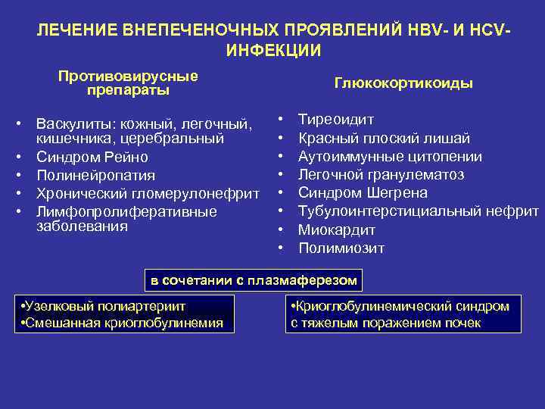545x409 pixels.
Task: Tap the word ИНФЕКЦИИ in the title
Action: coord(272,51)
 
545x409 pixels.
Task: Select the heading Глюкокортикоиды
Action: coord(403,83)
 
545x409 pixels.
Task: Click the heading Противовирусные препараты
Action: coord(128,83)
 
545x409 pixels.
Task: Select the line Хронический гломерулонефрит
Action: coord(148,193)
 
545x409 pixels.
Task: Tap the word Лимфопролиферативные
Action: coord(126,211)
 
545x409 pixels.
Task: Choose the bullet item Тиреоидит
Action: coord(335,120)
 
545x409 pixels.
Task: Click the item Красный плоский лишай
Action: coord(384,138)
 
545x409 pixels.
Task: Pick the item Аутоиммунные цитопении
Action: coord(390,156)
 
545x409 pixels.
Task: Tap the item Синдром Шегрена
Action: coord(363,192)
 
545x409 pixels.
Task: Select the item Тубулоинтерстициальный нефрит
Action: coord(418,211)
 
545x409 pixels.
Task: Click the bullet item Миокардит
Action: coord(333,229)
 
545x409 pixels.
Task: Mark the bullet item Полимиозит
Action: coord(341,248)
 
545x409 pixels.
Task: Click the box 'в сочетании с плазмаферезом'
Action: coord(253,280)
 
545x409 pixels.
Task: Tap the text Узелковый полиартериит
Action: coord(105,306)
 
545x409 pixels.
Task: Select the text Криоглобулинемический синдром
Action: coord(400,306)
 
